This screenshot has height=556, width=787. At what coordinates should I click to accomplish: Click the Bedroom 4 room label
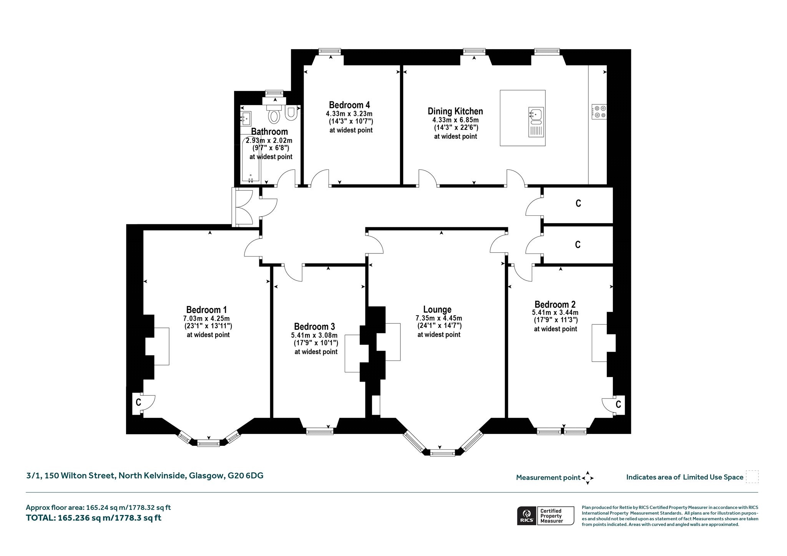click(x=349, y=105)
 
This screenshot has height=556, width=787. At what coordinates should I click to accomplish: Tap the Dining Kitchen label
click(x=455, y=111)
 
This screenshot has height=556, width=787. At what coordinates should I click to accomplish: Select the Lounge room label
click(x=437, y=309)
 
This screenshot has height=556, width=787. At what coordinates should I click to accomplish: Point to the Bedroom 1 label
click(x=206, y=310)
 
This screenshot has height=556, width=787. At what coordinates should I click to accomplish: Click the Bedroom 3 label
click(x=315, y=327)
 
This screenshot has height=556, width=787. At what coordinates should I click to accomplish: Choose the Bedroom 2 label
click(x=555, y=304)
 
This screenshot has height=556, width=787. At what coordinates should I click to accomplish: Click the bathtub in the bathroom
click(x=251, y=159)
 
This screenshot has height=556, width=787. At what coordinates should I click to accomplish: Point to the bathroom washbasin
click(x=246, y=119)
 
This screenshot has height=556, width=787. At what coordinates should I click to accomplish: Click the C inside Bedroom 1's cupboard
click(x=138, y=402)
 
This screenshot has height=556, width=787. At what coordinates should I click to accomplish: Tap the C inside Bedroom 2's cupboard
click(x=618, y=404)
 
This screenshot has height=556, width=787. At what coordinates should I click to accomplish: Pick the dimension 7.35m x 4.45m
click(x=439, y=318)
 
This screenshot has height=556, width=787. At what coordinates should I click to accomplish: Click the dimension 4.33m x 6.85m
click(x=455, y=120)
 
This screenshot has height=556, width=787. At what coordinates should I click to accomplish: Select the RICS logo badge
click(x=527, y=516)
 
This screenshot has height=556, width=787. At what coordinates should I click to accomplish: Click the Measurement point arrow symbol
click(x=588, y=478)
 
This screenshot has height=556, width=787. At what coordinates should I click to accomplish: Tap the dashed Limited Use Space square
click(x=752, y=477)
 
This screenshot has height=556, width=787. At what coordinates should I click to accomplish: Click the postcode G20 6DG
click(x=246, y=476)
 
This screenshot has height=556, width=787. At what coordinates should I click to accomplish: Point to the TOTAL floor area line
click(x=94, y=518)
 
